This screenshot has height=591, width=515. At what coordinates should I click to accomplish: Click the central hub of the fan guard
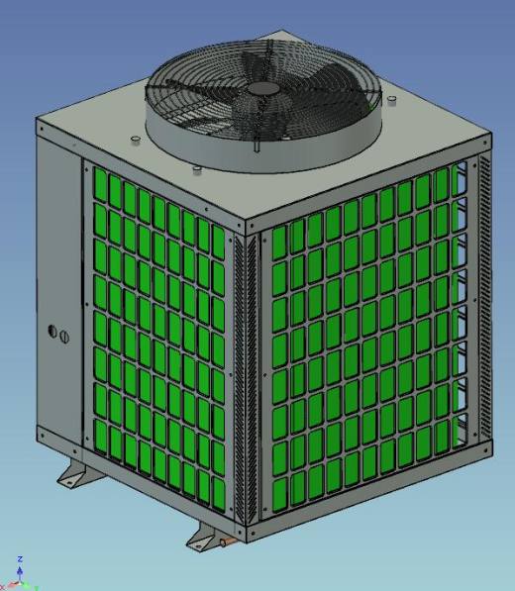(x=263, y=88)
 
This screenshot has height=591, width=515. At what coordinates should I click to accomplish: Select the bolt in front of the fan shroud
(x=196, y=170)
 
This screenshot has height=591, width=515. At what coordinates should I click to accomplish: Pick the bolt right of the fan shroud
(x=393, y=100)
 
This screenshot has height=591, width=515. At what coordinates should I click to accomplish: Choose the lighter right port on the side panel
(x=64, y=337)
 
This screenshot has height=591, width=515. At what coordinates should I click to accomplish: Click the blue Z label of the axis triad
(x=19, y=560)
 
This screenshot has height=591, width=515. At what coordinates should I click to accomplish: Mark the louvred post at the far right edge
(x=482, y=297)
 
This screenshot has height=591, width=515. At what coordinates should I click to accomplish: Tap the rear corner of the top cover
(x=281, y=33)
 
